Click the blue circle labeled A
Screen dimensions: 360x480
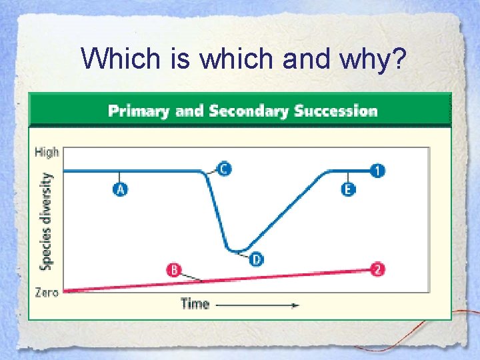coord(119,189)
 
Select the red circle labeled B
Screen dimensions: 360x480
coord(173,270)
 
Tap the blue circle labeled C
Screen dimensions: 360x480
coord(224,169)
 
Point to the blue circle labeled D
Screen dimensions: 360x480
coord(257,259)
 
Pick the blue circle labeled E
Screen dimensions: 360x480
coord(348,189)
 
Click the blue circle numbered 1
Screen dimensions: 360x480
coord(378,171)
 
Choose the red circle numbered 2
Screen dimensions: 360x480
coord(378,269)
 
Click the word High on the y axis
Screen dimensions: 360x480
coord(47,152)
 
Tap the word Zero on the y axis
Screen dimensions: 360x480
coord(46,292)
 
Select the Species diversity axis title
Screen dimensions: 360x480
coord(47,221)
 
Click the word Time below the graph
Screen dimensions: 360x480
coord(195,304)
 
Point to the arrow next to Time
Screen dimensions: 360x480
coord(257,305)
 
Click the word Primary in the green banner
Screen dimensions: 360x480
coord(139,111)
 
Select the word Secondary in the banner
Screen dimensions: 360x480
coord(248,111)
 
